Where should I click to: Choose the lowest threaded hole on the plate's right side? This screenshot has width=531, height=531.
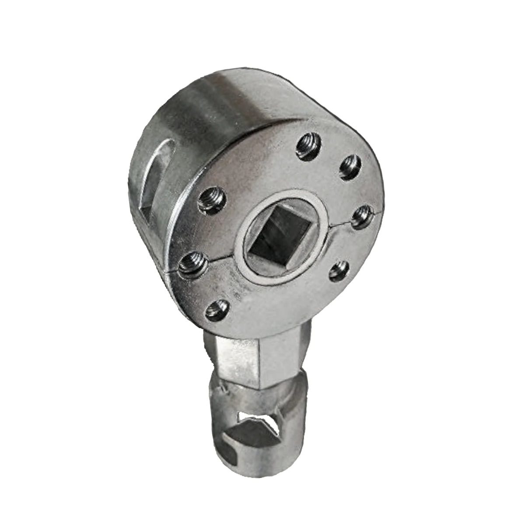338,272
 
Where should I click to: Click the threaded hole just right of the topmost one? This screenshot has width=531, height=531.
348,165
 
